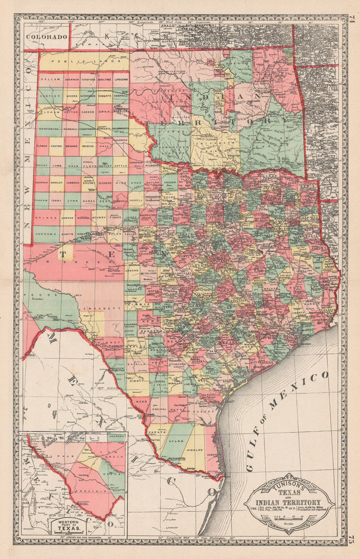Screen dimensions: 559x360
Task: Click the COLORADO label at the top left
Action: (46, 36)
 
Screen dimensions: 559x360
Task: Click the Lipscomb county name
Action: (121, 79)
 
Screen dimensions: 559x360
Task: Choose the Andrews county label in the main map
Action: (48, 233)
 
